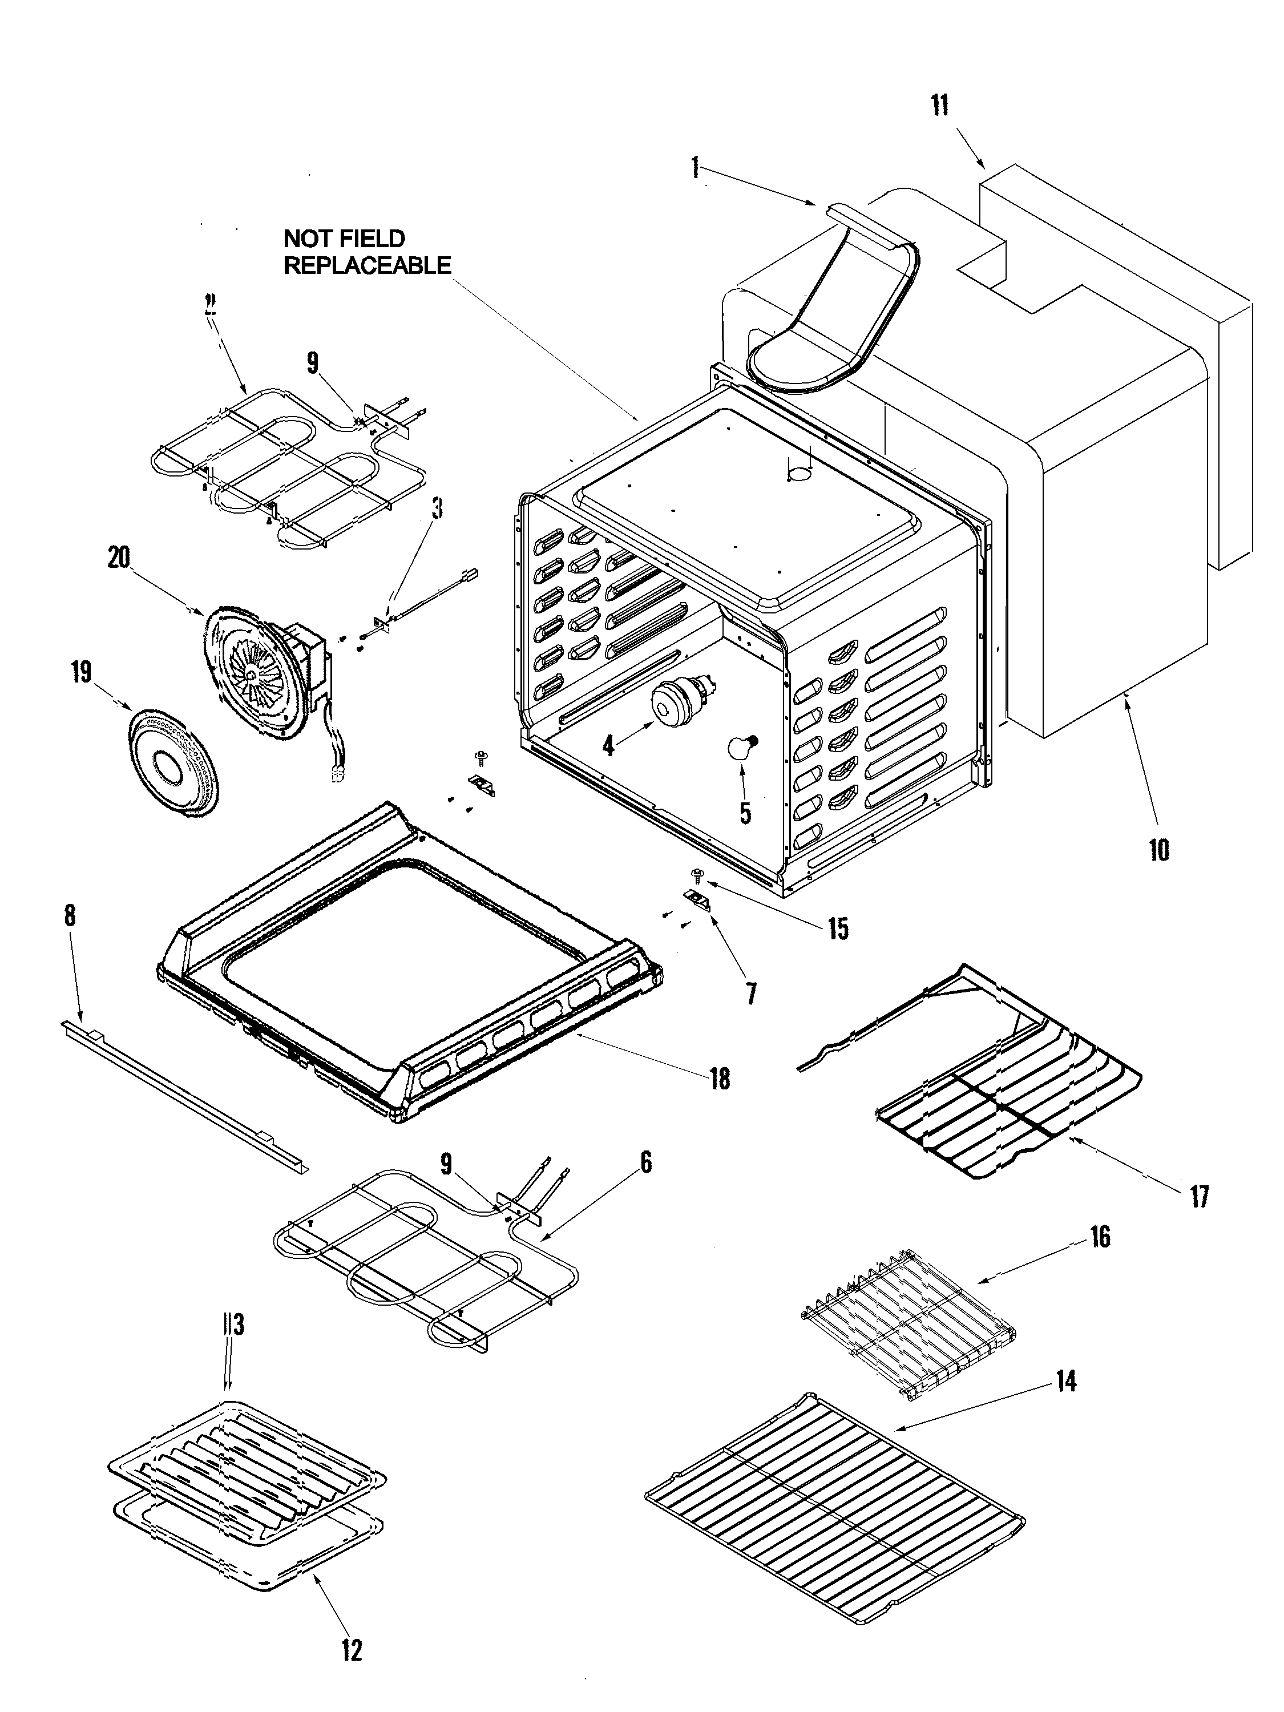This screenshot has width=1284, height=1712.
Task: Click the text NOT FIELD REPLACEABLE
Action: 366,252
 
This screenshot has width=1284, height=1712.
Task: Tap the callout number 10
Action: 1158,851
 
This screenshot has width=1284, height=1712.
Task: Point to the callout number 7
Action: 751,993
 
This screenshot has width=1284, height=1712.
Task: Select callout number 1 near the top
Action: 695,167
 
